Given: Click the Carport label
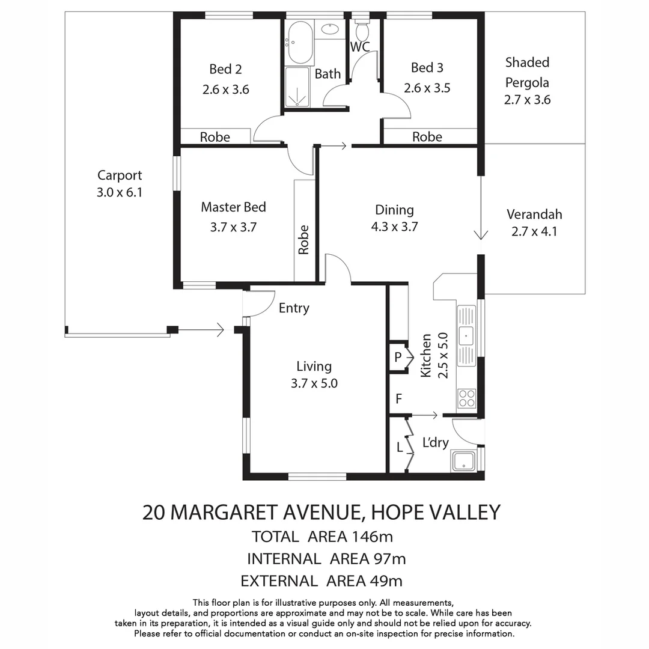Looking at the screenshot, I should pyautogui.click(x=120, y=175).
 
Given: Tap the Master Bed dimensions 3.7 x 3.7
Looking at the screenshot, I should pyautogui.click(x=234, y=228).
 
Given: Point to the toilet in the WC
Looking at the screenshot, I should pyautogui.click(x=362, y=30).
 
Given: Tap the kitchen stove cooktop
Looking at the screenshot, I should pyautogui.click(x=466, y=398).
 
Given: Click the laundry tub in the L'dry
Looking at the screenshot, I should pyautogui.click(x=463, y=462).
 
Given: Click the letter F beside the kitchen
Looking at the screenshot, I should pyautogui.click(x=398, y=398).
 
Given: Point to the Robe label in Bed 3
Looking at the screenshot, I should pyautogui.click(x=427, y=137).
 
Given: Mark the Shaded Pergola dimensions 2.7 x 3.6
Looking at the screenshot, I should pyautogui.click(x=527, y=100).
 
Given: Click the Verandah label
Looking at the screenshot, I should pyautogui.click(x=534, y=215).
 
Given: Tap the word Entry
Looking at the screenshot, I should pyautogui.click(x=294, y=308).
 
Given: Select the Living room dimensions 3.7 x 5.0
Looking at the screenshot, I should pyautogui.click(x=314, y=383).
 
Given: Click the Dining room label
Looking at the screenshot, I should pyautogui.click(x=394, y=210).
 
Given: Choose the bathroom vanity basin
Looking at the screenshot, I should pyautogui.click(x=329, y=28).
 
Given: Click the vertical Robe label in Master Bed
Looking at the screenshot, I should pyautogui.click(x=304, y=239).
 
